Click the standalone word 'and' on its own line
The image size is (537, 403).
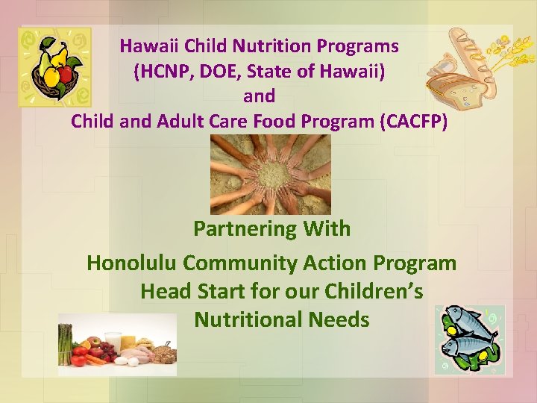click(259, 96)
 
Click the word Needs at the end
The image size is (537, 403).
click(341, 319)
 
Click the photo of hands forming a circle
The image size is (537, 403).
click(270, 175)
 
